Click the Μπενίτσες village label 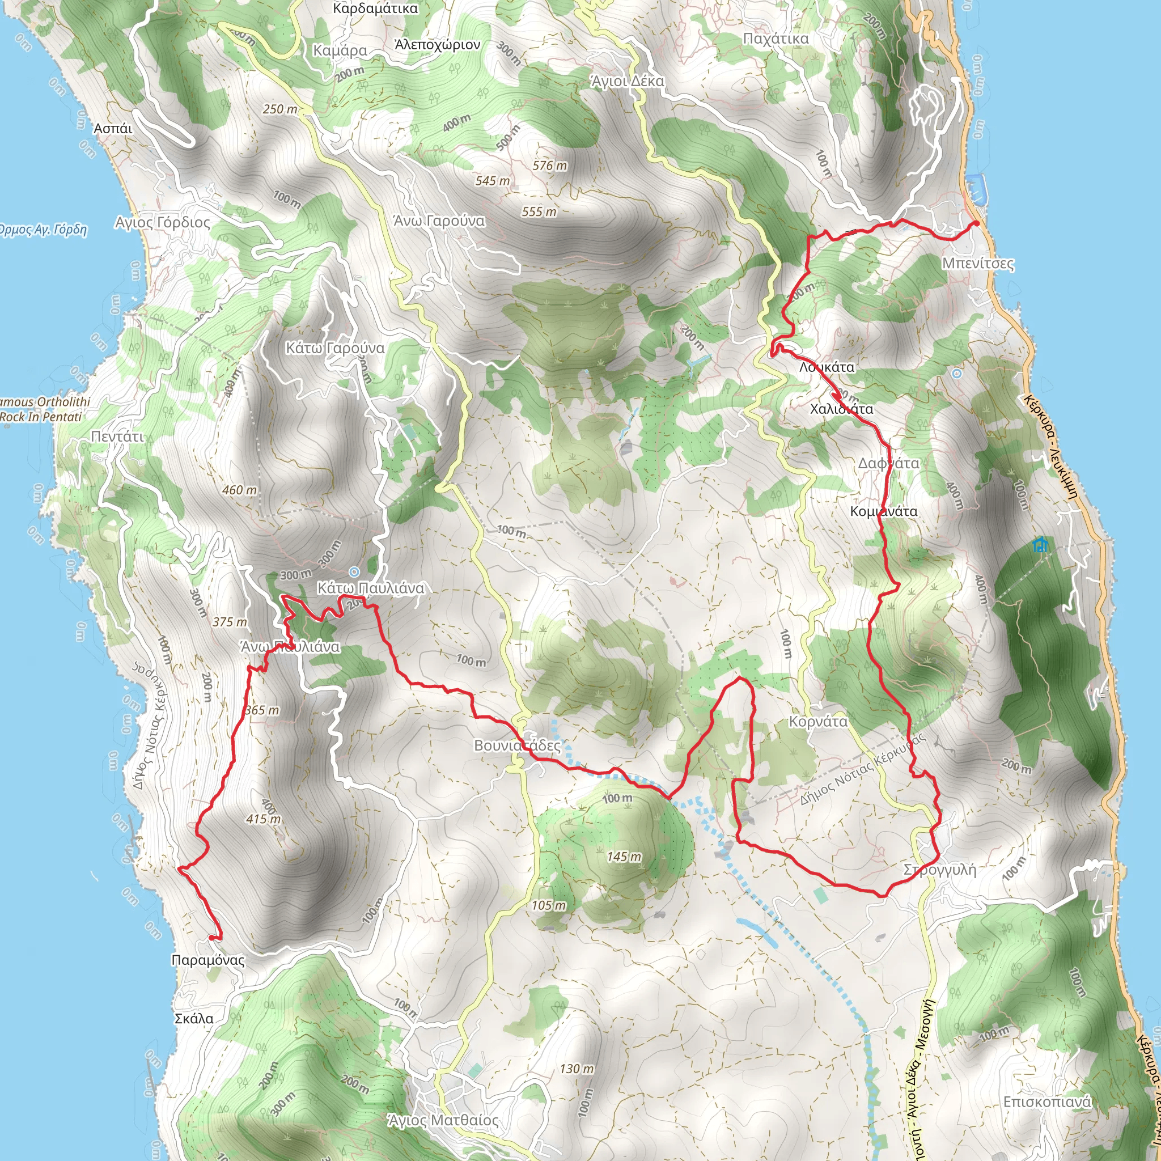click(x=978, y=264)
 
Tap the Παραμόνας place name click(x=208, y=960)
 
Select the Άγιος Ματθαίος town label click(x=443, y=1120)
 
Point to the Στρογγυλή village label click(x=940, y=870)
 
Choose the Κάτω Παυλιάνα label click(x=371, y=588)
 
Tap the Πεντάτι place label click(x=117, y=436)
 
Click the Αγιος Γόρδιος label click(x=163, y=222)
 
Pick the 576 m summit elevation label click(x=549, y=166)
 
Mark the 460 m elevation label click(x=239, y=490)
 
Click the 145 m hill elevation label click(x=624, y=857)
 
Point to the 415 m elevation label click(x=263, y=819)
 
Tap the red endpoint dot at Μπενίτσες click(x=977, y=223)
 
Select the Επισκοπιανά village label click(x=1047, y=1101)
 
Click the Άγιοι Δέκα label click(x=628, y=81)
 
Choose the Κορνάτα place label click(x=818, y=722)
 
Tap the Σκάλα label click(x=193, y=1019)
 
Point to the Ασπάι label click(x=113, y=128)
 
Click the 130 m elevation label click(x=577, y=1069)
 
